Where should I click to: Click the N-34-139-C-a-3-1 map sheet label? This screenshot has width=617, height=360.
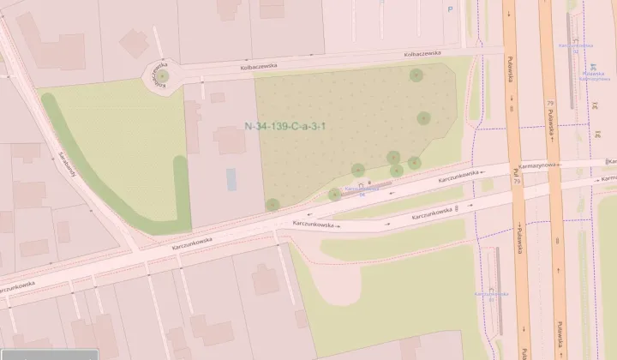point(286,126)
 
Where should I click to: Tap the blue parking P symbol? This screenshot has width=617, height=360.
point(451,9)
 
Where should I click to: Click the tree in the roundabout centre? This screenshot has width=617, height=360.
point(162,78)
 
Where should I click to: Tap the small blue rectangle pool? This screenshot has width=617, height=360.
point(231,180)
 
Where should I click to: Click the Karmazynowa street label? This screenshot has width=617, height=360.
point(537,165)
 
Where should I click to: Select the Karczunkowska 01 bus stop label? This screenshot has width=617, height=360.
point(486,296)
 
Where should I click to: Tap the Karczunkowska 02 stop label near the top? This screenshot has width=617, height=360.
point(576,48)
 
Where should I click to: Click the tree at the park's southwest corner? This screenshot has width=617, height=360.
point(273,204)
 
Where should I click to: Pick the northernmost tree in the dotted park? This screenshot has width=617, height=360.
point(416,75)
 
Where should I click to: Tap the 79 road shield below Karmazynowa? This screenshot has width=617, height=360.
point(517,182)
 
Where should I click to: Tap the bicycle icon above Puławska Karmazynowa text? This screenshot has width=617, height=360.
point(593,64)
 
